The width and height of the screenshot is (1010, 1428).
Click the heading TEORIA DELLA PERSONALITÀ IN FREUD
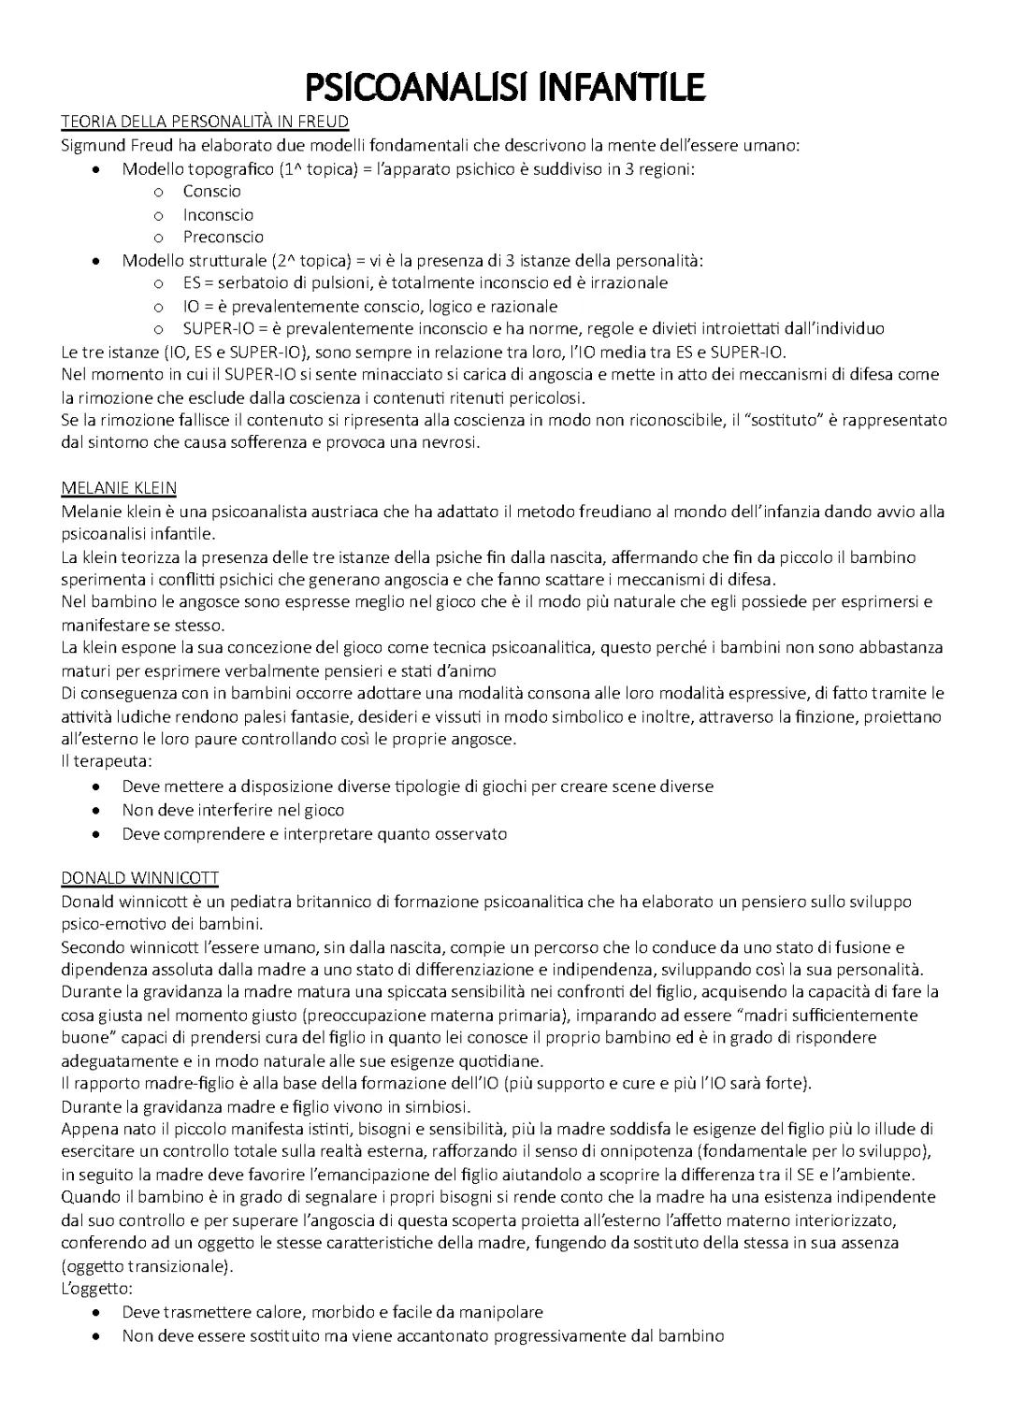(x=205, y=122)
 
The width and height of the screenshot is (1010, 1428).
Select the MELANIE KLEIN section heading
(x=119, y=488)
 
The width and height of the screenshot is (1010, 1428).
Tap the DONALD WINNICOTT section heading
(x=140, y=878)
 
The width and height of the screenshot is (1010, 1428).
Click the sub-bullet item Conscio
(x=212, y=192)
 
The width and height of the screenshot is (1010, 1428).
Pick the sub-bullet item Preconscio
(x=224, y=238)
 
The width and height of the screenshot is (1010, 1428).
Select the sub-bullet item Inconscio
(x=218, y=215)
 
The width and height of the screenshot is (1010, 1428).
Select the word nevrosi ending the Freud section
(x=452, y=442)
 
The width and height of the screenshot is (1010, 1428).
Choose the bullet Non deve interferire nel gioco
(x=233, y=810)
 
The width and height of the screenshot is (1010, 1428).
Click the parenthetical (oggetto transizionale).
(x=147, y=1266)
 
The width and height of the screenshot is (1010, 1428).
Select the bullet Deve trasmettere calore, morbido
(x=332, y=1312)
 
